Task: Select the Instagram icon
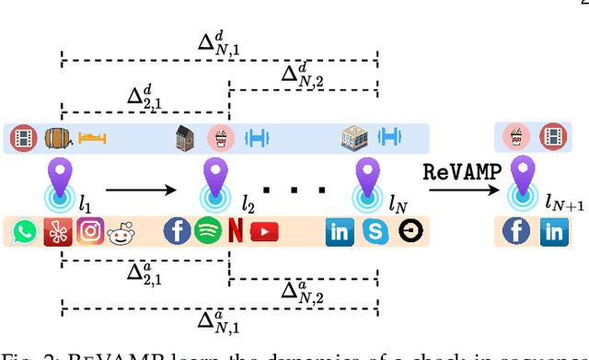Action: (x=89, y=231)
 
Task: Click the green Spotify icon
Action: (x=205, y=230)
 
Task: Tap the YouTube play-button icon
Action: (x=264, y=231)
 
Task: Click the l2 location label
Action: (x=247, y=203)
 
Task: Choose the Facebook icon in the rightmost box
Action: (x=516, y=231)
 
